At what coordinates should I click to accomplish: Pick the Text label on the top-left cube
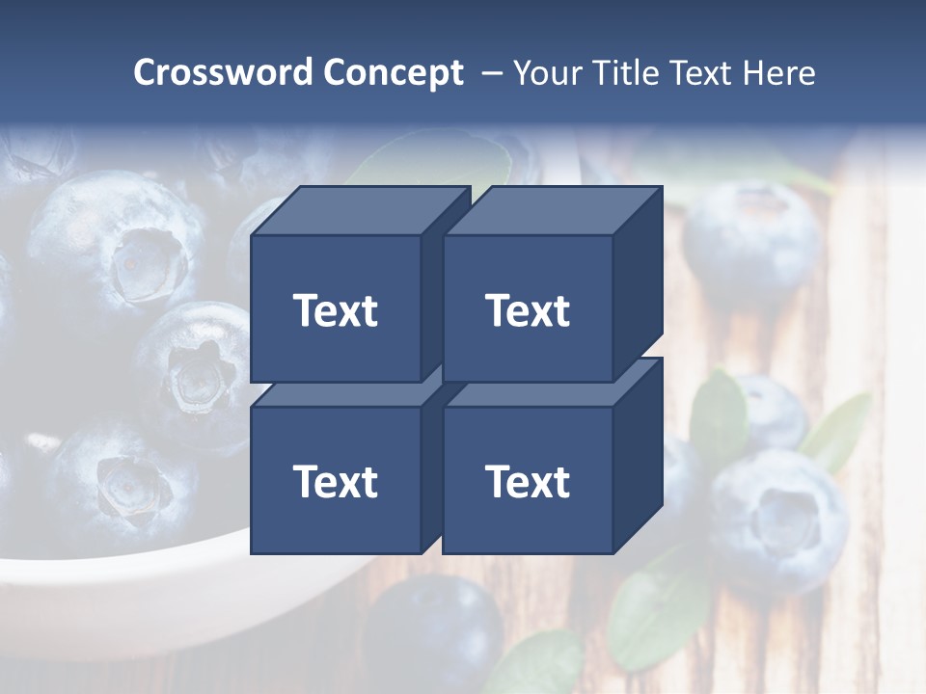point(335,310)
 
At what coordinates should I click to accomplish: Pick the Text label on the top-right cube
point(528,310)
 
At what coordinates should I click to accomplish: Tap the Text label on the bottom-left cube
point(335,481)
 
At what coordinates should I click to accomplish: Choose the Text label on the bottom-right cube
point(528,481)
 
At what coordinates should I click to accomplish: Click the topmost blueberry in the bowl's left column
point(106,241)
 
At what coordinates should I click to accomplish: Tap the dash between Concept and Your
point(491,72)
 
